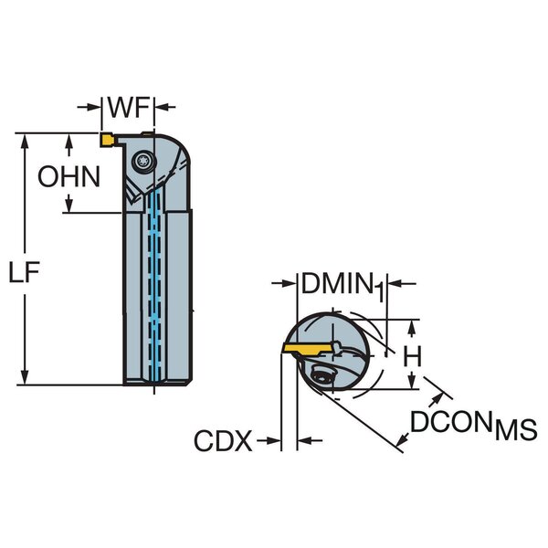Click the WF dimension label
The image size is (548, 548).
pyautogui.click(x=129, y=108)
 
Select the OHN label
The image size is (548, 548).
pyautogui.click(x=68, y=176)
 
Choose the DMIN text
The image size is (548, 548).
pyautogui.click(x=336, y=284)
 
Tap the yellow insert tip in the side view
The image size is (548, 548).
pyautogui.click(x=106, y=140)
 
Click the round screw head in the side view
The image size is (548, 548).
pyautogui.click(x=143, y=161)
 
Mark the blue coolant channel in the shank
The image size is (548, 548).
pyautogui.click(x=153, y=292)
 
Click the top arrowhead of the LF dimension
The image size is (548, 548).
pyautogui.click(x=26, y=140)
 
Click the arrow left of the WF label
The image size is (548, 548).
pyautogui.click(x=93, y=108)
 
